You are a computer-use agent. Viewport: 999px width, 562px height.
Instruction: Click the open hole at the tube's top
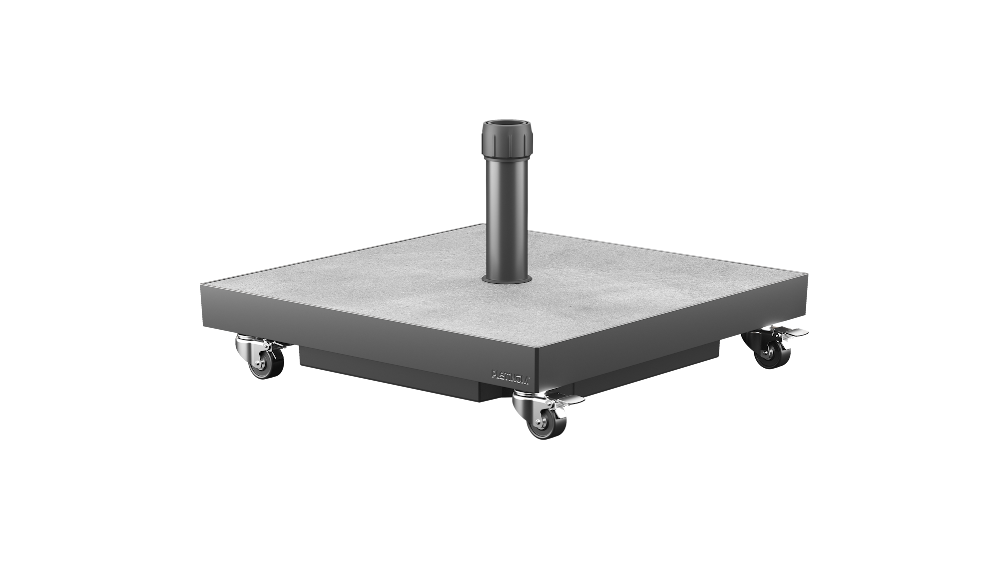tap(507, 123)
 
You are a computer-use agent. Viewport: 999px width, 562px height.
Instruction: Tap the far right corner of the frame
tap(805, 274)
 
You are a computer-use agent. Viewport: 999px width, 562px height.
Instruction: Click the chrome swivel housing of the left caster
tap(250, 345)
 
